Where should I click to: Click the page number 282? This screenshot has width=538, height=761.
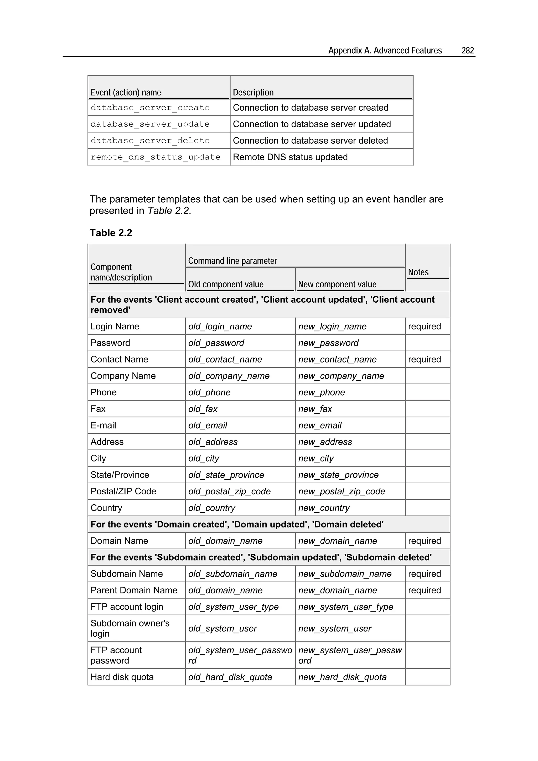tap(467, 50)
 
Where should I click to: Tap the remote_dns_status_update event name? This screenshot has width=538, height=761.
tap(155, 157)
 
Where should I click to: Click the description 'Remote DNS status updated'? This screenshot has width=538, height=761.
tap(290, 157)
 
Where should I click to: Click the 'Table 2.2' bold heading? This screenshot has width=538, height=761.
tap(111, 233)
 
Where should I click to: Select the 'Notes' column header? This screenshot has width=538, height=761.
tap(418, 272)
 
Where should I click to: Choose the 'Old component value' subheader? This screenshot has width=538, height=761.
tap(226, 284)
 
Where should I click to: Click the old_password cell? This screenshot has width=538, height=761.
tap(216, 343)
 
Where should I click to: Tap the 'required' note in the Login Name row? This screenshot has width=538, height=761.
tap(424, 327)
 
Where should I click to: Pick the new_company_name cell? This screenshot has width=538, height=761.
tap(341, 376)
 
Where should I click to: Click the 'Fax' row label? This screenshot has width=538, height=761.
tap(98, 409)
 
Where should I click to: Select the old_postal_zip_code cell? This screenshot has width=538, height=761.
tap(229, 491)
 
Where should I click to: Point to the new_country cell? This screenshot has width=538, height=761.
tap(324, 508)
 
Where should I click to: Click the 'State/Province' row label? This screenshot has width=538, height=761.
tap(120, 475)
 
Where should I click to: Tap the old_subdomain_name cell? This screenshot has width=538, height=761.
tap(233, 574)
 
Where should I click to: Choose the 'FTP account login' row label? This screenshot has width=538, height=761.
tap(127, 607)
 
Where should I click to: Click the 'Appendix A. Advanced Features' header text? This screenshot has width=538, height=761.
tap(385, 50)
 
